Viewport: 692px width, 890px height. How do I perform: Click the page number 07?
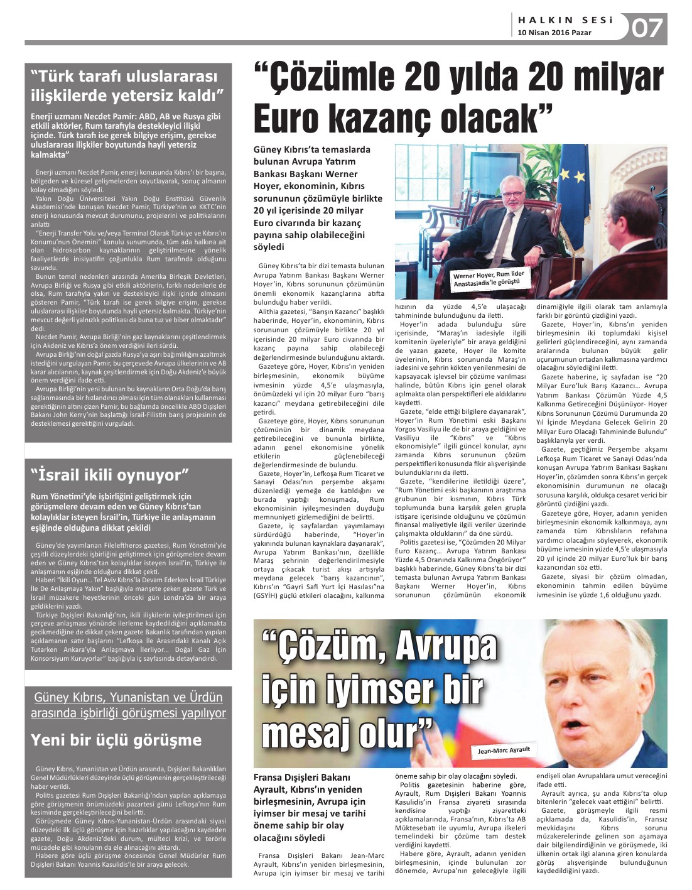tap(647, 28)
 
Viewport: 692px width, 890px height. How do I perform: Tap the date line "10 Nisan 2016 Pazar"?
tap(554, 33)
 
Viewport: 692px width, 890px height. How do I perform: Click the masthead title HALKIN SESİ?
tap(565, 20)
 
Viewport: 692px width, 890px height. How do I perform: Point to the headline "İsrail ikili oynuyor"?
tap(109, 475)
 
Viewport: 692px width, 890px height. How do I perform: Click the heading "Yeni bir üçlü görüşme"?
tap(116, 740)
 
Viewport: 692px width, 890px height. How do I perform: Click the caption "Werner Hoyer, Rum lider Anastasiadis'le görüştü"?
tap(488, 279)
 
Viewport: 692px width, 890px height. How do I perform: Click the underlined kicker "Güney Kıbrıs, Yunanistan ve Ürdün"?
tap(128, 697)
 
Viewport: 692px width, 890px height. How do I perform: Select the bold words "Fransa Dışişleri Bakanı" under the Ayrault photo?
tap(302, 778)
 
